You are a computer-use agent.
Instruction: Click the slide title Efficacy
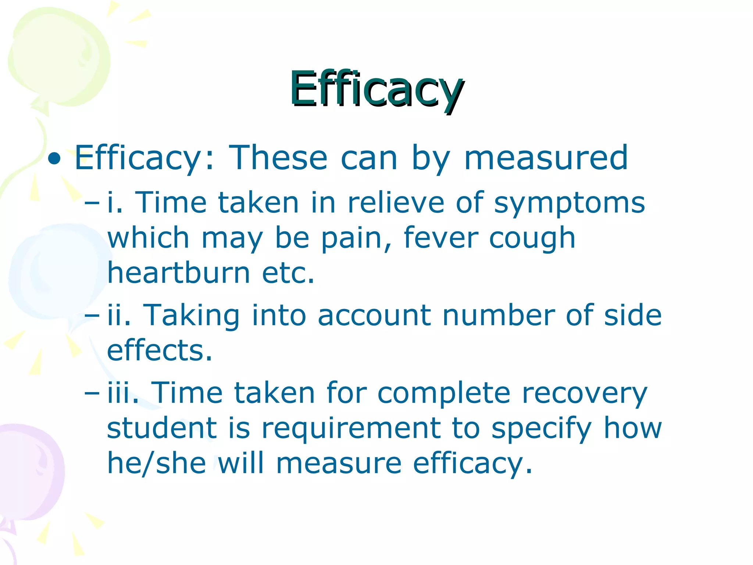[x=376, y=89]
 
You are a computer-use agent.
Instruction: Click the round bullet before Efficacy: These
[x=54, y=159]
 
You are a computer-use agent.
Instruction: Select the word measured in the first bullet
[x=546, y=158]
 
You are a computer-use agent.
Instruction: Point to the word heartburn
[x=179, y=273]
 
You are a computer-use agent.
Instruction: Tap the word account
[x=374, y=316]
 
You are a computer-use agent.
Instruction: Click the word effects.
[x=160, y=350]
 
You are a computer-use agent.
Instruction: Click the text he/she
[x=157, y=463]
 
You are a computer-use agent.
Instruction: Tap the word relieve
[x=396, y=203]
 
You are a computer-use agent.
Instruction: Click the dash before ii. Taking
[x=92, y=316]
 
